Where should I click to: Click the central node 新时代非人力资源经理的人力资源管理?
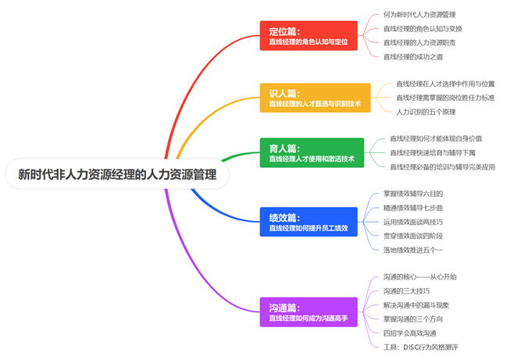[x=117, y=174]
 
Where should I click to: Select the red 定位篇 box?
[x=308, y=36]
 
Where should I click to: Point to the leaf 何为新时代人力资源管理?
[x=420, y=14]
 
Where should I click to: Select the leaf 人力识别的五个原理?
[x=427, y=112]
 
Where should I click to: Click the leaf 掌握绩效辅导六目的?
[x=413, y=193]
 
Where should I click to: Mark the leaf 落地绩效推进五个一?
[x=413, y=249]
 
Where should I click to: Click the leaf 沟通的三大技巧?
[x=407, y=290]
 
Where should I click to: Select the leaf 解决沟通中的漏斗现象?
[x=416, y=305]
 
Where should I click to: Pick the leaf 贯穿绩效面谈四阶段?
[x=413, y=235]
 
